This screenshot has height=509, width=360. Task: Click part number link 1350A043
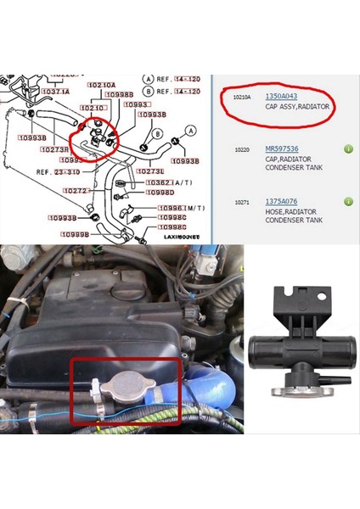pos(280,97)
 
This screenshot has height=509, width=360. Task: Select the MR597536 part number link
pos(283,148)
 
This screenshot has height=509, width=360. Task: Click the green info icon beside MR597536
pos(349,149)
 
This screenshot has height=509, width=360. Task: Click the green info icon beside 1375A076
pos(349,202)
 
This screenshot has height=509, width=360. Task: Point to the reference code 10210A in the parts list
pos(243,98)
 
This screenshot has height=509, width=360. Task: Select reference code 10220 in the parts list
pos(244,148)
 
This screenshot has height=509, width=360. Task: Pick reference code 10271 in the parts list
pos(244,202)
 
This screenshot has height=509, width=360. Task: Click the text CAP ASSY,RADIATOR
pos(295,108)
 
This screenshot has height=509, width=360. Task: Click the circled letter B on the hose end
pos(158,134)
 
